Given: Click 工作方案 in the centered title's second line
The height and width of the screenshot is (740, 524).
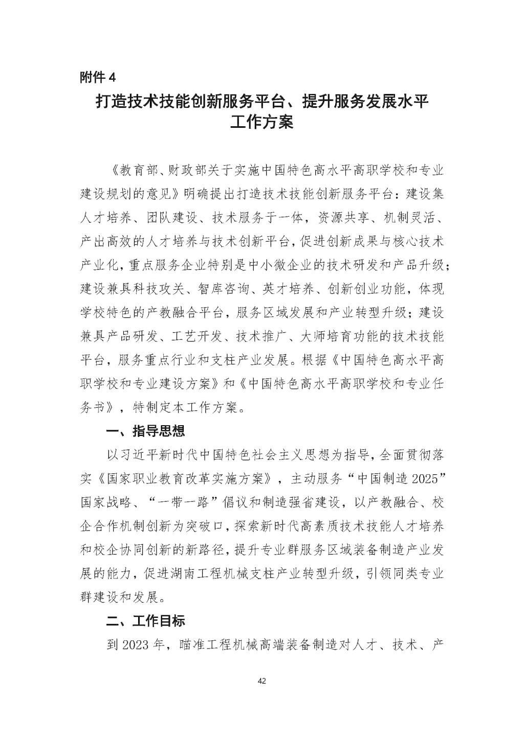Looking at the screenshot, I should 262,123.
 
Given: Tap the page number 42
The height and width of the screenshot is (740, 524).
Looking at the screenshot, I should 262,681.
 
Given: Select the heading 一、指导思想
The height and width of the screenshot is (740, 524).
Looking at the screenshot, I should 145,431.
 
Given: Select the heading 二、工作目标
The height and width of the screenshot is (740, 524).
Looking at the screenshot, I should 145,621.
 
